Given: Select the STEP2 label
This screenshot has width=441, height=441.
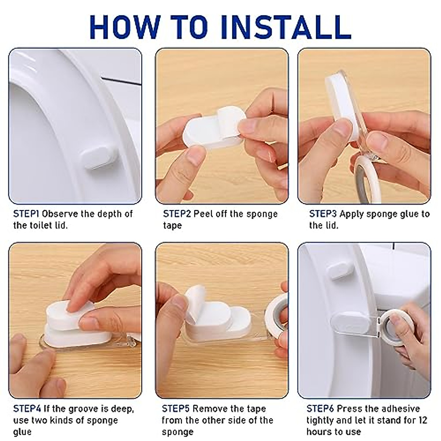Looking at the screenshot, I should (177, 214).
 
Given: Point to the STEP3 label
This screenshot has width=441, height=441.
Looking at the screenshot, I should (323, 214).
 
